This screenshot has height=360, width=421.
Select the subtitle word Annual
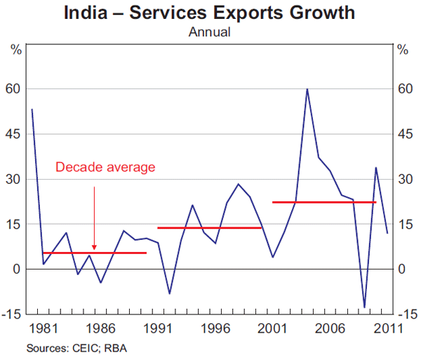click(x=209, y=32)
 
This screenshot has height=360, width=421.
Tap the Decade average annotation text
click(x=105, y=167)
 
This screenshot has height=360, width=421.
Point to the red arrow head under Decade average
click(x=94, y=247)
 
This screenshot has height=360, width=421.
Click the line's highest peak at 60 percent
click(x=307, y=89)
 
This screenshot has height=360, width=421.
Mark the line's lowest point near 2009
click(x=364, y=307)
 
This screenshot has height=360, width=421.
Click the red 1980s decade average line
click(x=95, y=253)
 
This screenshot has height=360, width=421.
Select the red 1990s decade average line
click(x=209, y=227)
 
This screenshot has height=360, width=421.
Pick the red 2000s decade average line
click(x=324, y=202)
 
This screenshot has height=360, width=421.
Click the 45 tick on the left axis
click(x=15, y=134)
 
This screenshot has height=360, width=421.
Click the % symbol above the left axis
click(x=15, y=50)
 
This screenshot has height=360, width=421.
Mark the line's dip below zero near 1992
click(x=169, y=293)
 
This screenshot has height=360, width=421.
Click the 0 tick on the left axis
click(x=19, y=269)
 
